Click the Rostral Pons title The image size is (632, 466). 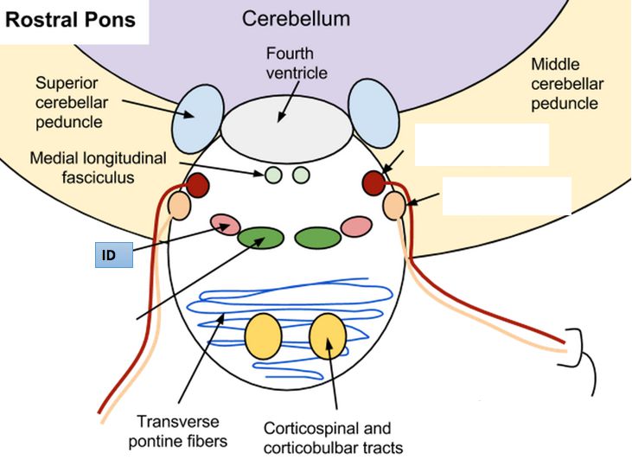tap(71, 20)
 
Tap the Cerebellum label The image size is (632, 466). tap(297, 18)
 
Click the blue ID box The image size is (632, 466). tap(113, 255)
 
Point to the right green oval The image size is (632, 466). tap(316, 238)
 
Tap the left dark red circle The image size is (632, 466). tap(198, 184)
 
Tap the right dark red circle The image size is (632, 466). tap(374, 183)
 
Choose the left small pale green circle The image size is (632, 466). tap(273, 176)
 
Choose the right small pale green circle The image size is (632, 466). tap(301, 176)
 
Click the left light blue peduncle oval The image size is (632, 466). tap(198, 118)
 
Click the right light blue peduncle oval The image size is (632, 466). tap(373, 112)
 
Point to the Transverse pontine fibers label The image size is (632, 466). tap(178, 431)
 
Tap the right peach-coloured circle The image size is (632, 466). tap(393, 206)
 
